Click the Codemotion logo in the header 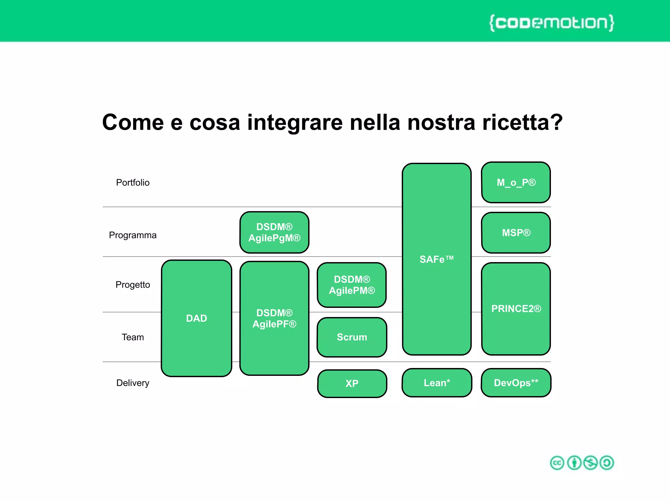[552, 23]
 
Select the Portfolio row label [132, 182]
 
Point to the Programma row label [132, 235]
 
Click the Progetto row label [132, 285]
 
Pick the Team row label [132, 337]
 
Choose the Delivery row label [132, 383]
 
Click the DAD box [196, 318]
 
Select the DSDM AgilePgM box [274, 232]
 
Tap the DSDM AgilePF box [274, 318]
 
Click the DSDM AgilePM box [352, 285]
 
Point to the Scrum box [352, 337]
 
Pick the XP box [352, 383]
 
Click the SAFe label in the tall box [436, 259]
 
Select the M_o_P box [516, 182]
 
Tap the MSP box [516, 233]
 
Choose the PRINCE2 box [516, 309]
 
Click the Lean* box [437, 383]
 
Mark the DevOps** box [516, 383]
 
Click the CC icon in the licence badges [557, 463]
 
